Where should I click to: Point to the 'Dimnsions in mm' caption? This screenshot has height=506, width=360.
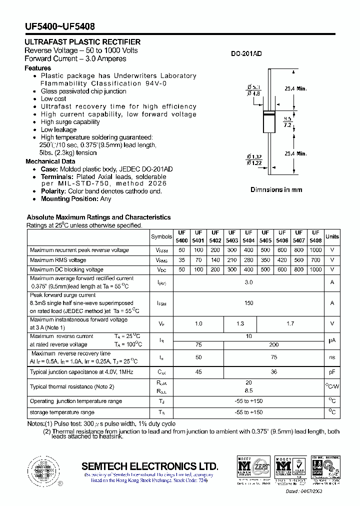point(276,190)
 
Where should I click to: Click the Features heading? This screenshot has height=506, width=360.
point(38,68)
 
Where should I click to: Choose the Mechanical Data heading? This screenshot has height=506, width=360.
point(50,161)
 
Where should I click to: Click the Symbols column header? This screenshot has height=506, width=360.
point(161,236)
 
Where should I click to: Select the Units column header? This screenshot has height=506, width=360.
point(332,236)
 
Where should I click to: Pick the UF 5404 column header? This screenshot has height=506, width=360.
point(248,236)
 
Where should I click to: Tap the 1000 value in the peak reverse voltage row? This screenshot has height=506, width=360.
point(315,250)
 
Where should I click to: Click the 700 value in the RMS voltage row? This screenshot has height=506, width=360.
point(315,260)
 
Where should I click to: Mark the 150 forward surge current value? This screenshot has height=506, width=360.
point(248,303)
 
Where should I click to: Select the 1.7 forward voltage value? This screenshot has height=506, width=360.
point(290,323)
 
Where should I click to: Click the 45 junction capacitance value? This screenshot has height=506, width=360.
point(198,372)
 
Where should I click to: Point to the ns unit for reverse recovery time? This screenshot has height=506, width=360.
point(332,357)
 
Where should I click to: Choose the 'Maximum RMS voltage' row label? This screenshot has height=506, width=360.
point(58,260)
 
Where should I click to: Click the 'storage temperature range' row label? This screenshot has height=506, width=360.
point(62,412)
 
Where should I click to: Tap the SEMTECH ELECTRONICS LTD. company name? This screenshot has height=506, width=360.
point(150,466)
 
